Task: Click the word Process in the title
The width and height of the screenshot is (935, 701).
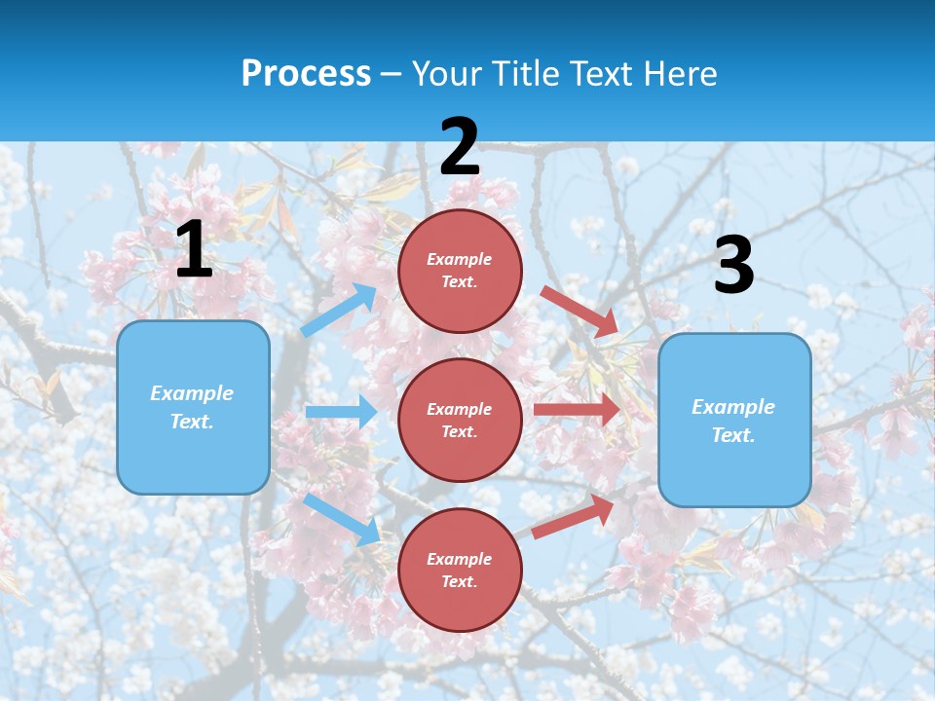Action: tap(306, 74)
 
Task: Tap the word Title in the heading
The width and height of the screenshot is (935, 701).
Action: tap(524, 74)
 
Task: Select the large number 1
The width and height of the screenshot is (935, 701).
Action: tap(194, 250)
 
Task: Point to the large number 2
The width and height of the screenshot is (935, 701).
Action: tap(460, 147)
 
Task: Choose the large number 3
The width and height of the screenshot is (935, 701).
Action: tap(733, 266)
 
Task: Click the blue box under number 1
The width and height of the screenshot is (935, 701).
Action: tap(193, 407)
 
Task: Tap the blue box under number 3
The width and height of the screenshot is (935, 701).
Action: tap(734, 420)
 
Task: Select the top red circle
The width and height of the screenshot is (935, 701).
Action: tap(460, 271)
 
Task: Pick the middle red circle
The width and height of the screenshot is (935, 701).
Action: tap(460, 420)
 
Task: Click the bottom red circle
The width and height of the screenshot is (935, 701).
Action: tap(460, 570)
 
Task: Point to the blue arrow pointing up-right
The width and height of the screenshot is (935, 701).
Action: tap(339, 310)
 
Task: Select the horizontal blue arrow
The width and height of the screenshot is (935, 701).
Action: tap(341, 412)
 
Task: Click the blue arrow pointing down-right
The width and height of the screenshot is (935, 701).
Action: tap(341, 518)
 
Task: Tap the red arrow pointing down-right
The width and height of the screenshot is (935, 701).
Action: tap(580, 312)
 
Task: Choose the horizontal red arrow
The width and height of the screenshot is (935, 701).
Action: tap(577, 410)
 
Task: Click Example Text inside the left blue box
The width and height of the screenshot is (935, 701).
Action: tap(192, 407)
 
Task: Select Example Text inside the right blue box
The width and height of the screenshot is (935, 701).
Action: tap(733, 421)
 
